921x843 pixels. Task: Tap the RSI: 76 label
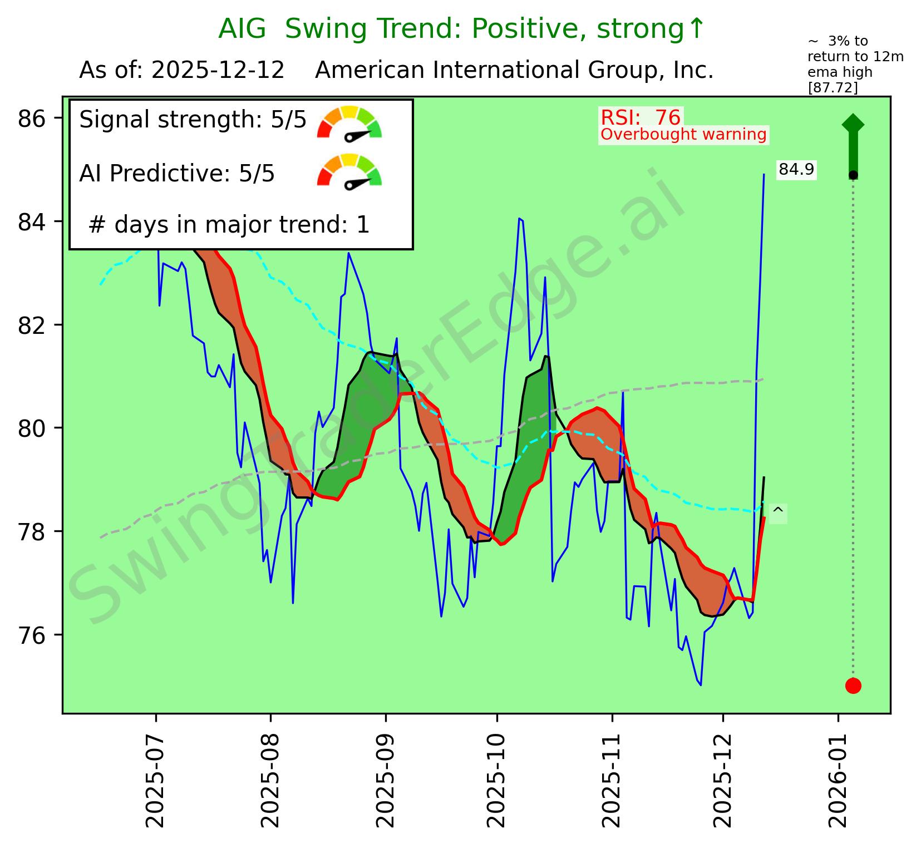point(641,117)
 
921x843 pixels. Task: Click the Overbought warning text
point(683,135)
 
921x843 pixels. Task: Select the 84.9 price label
point(796,169)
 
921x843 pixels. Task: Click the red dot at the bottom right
point(853,686)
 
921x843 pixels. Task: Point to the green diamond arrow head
point(853,124)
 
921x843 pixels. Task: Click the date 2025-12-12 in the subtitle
point(218,71)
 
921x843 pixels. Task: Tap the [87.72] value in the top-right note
point(833,87)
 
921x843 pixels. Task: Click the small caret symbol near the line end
point(778,511)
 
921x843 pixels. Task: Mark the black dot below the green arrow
point(853,175)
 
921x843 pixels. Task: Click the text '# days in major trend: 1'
point(229,225)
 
